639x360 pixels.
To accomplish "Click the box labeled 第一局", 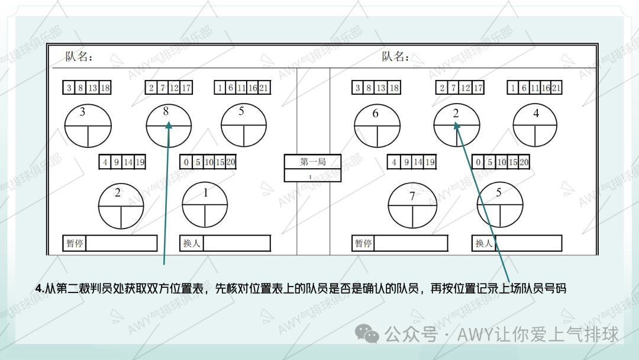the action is [x=312, y=162].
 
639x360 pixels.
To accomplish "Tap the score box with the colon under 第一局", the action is [x=312, y=175].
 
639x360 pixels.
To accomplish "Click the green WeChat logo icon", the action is [x=367, y=334].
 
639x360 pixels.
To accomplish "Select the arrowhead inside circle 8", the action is [x=168, y=125].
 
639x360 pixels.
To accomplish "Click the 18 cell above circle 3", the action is [x=105, y=88].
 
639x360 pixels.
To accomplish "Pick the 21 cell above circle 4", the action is [x=556, y=88].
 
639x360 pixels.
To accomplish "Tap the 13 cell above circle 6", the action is [x=380, y=88].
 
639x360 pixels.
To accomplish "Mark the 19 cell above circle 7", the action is [x=430, y=162].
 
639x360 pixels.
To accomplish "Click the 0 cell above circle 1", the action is [x=186, y=162].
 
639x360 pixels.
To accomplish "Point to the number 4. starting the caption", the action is [x=40, y=289].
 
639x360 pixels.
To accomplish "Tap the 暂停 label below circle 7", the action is [x=363, y=243].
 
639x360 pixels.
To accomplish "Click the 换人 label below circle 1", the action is [x=192, y=243].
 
